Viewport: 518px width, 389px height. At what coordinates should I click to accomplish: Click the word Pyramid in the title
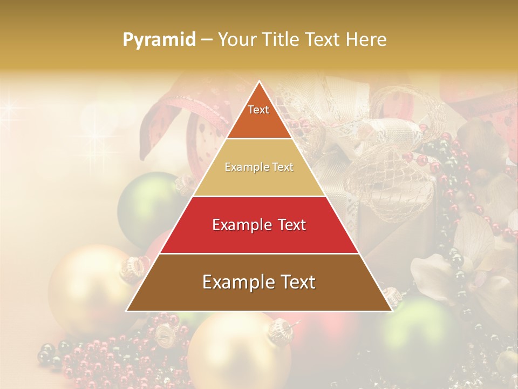pos(159,40)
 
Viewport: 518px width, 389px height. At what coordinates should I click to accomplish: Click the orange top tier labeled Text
pos(259,113)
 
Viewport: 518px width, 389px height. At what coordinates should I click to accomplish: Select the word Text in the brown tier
pos(296,282)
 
